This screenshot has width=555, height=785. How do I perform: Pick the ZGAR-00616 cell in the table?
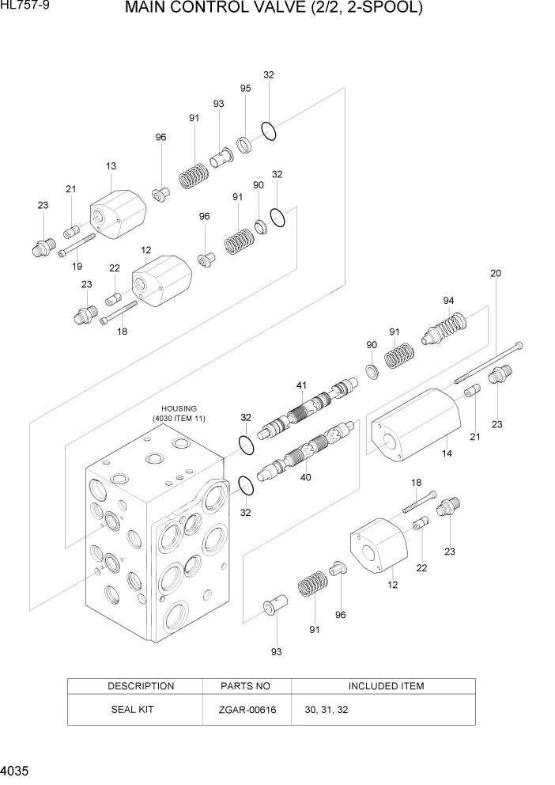[x=247, y=710]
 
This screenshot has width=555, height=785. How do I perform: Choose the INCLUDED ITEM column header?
[x=386, y=686]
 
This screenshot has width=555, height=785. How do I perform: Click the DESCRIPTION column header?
[x=141, y=686]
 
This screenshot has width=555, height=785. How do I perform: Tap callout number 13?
[x=111, y=166]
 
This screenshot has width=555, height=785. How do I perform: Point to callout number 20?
[x=496, y=274]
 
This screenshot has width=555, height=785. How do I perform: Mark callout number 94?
[x=448, y=301]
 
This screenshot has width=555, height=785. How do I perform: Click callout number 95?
[x=245, y=89]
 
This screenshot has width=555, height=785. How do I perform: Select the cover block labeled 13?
[x=118, y=212]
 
